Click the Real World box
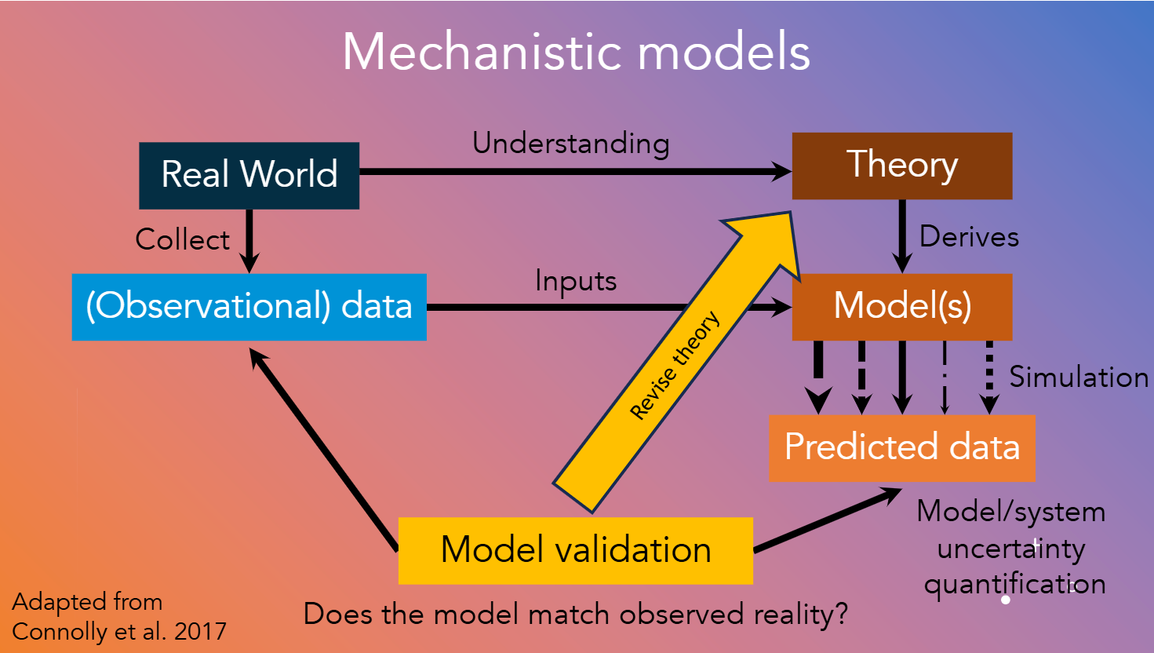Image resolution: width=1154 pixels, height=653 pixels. [x=249, y=175]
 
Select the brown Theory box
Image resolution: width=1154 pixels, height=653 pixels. [x=901, y=166]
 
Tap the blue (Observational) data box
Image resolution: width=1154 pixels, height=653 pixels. [x=249, y=307]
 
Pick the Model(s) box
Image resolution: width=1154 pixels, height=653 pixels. [x=901, y=307]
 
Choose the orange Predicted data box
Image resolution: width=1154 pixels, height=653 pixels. [x=901, y=447]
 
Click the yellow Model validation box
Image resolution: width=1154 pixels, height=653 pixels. [x=575, y=550]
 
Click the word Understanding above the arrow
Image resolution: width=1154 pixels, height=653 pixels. [x=570, y=144]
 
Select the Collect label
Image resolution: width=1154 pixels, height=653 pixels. [x=182, y=239]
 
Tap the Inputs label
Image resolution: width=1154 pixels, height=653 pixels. [x=575, y=281]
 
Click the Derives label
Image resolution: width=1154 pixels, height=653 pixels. [x=969, y=236]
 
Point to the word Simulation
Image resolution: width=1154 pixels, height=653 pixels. [x=1078, y=378]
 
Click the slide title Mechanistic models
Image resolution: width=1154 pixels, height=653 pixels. [x=576, y=53]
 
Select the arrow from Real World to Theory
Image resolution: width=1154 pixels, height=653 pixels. [x=573, y=171]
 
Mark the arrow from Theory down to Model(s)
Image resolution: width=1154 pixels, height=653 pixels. [x=902, y=235]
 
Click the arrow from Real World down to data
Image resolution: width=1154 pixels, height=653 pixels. [x=249, y=239]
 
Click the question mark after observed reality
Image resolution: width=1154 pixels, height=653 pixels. [x=842, y=614]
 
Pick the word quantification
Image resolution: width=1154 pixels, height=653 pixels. [x=1014, y=585]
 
